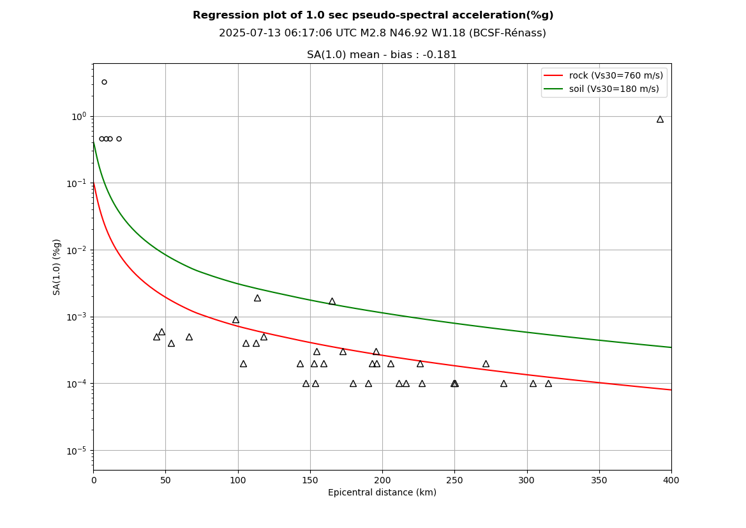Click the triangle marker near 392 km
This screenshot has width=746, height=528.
(660, 119)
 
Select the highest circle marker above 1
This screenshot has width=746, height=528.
(104, 82)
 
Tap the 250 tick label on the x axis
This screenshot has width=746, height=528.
(454, 480)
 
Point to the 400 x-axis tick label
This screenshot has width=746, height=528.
(671, 480)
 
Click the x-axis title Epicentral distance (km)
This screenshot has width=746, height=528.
(382, 493)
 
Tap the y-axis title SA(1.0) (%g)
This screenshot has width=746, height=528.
(57, 267)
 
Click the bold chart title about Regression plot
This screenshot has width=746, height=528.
(373, 15)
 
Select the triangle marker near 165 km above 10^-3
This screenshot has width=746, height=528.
(332, 301)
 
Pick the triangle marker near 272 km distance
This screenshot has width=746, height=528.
(486, 364)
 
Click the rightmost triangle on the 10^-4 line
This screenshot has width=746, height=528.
(548, 384)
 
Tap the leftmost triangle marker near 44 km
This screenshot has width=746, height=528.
(156, 337)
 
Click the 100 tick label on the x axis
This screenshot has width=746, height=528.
(237, 480)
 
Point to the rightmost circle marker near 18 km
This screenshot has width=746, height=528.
(119, 139)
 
